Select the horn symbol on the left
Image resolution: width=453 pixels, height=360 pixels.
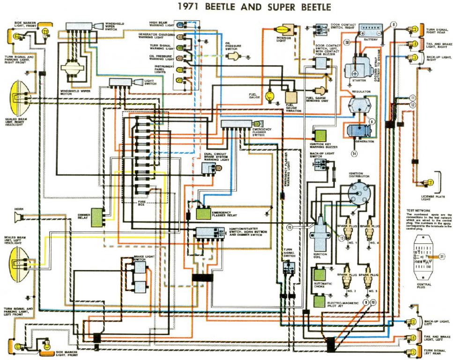point(19,217)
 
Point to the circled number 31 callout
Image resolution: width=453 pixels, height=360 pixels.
point(442,256)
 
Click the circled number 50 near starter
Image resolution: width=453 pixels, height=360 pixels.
point(347,42)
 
